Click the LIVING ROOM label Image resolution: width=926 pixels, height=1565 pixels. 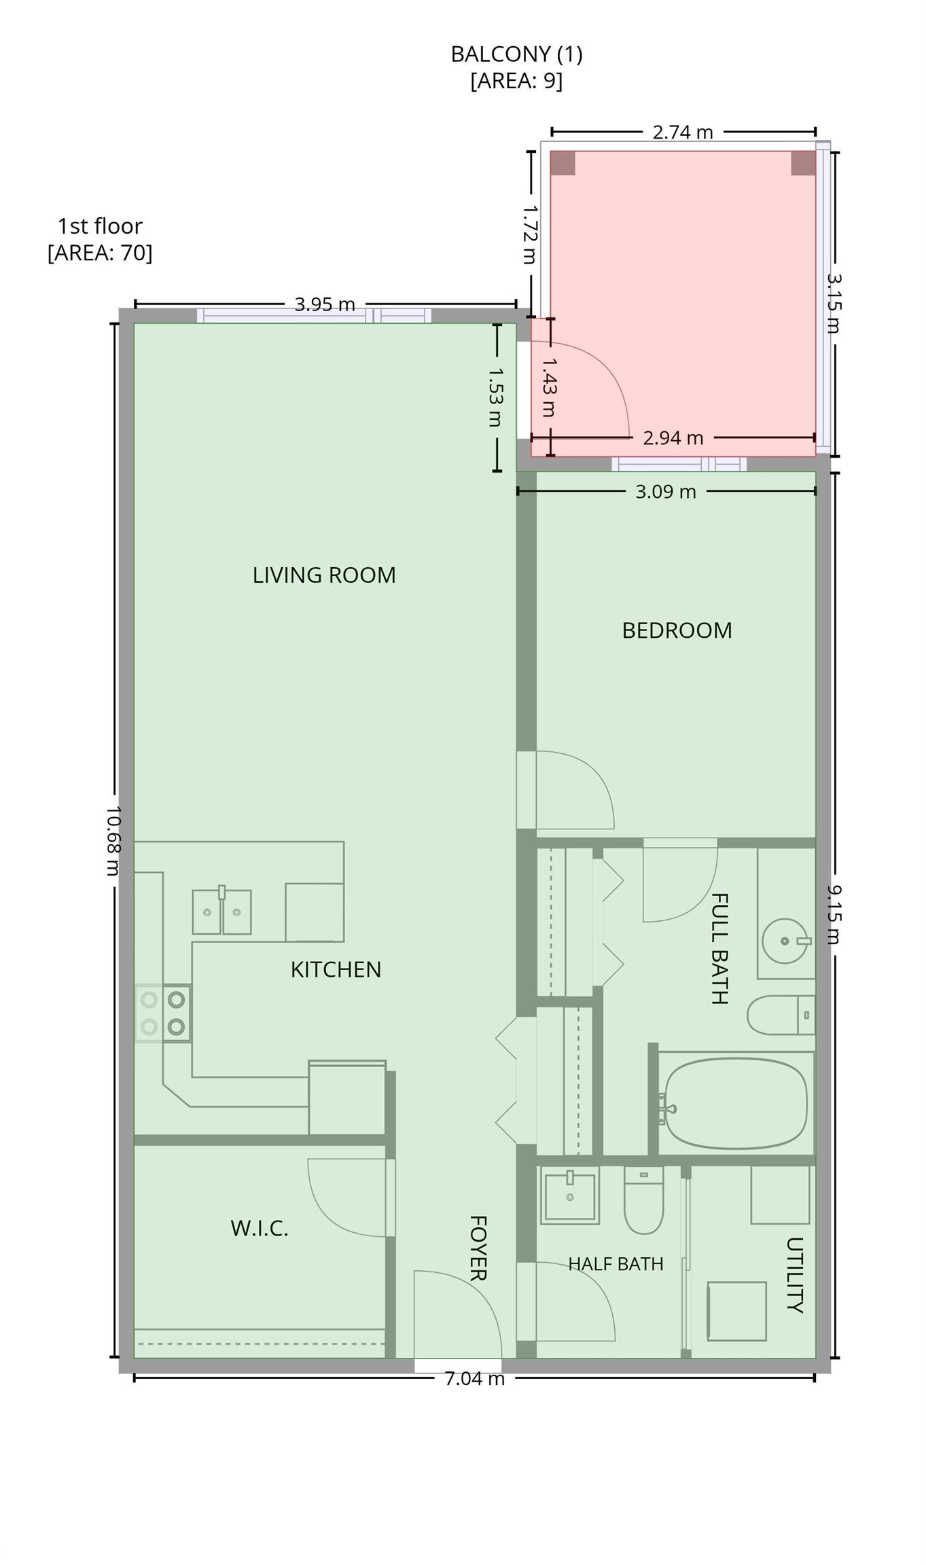coord(324,575)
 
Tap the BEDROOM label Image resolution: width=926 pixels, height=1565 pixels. coord(677,630)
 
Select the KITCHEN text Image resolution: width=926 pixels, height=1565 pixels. coord(336,969)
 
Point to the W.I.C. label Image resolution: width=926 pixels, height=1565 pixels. coord(260,1228)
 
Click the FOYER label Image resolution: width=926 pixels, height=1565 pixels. coord(478,1248)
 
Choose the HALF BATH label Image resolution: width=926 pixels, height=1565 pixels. coord(616,1264)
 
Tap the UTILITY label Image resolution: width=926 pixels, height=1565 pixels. coord(794,1275)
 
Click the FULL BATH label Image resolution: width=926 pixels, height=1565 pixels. coord(719,948)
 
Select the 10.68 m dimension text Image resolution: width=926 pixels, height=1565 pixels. coord(113,841)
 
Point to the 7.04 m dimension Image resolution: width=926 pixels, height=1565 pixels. coord(474,1379)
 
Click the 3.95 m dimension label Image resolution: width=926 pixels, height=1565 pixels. coord(325,304)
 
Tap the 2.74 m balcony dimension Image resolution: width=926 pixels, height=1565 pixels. coord(683,132)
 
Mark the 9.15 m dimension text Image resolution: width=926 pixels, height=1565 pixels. coord(834,914)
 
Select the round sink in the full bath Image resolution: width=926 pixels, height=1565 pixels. coord(786,941)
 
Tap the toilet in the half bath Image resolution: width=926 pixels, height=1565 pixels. coord(643,1201)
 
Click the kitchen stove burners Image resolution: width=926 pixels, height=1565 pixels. coord(163,1013)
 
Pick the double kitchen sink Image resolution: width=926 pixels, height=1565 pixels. coord(221,911)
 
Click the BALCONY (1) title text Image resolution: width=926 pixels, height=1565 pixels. coord(516,54)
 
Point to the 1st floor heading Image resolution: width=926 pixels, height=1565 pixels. coord(100,226)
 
